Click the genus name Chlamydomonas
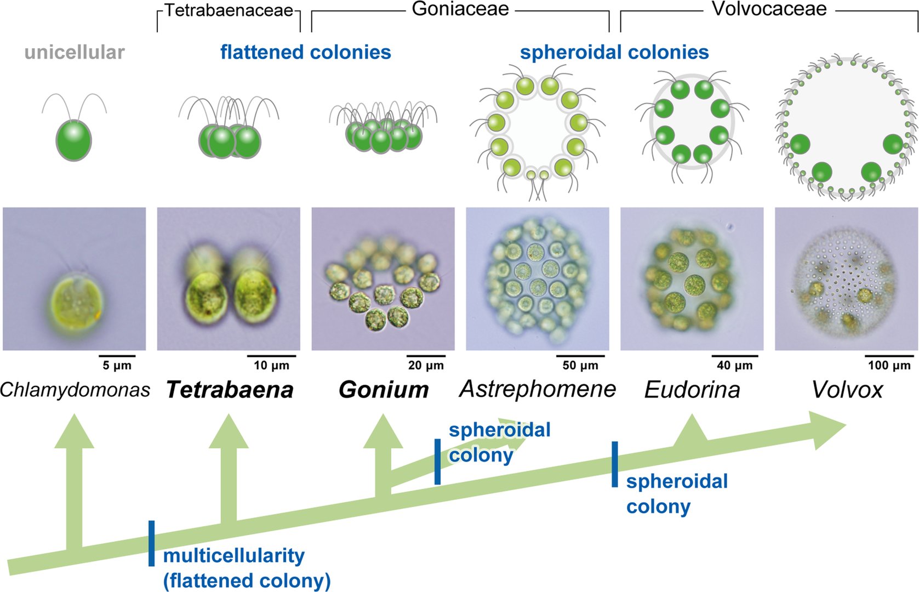[x=75, y=390]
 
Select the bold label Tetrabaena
[x=230, y=390]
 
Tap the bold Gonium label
[x=383, y=390]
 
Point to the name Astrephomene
[x=538, y=389]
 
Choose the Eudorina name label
[x=692, y=390]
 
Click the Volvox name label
[x=847, y=390]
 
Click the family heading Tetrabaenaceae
[x=229, y=10]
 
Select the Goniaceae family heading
[x=460, y=9]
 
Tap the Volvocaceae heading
[x=769, y=9]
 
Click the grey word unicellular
[x=75, y=52]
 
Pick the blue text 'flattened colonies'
[x=306, y=52]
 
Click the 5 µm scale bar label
[x=117, y=366]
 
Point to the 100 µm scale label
[x=889, y=366]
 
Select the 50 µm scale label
[x=580, y=366]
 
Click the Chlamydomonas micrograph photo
[x=75, y=278]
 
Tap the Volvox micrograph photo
[x=846, y=278]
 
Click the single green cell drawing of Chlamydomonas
[x=74, y=140]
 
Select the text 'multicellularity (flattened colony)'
[x=247, y=568]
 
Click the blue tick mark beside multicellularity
[x=151, y=543]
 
